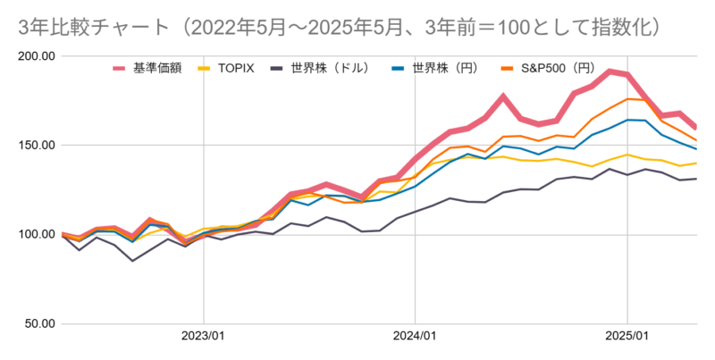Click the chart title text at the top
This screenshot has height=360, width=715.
tap(340, 28)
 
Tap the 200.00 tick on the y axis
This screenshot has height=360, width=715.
tap(37, 56)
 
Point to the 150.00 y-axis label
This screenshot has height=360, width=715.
tap(37, 145)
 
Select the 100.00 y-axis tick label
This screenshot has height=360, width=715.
tap(37, 234)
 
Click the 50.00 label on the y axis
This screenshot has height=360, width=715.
tap(39, 323)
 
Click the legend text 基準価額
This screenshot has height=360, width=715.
tap(157, 68)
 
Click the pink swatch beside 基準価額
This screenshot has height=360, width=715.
tap(122, 68)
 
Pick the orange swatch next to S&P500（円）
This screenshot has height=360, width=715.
tap(506, 68)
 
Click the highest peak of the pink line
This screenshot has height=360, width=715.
tap(610, 71)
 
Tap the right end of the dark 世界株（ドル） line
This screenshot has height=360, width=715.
tap(697, 179)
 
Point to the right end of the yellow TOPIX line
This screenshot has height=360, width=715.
tap(697, 163)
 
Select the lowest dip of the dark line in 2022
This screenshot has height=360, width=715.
tap(132, 261)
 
